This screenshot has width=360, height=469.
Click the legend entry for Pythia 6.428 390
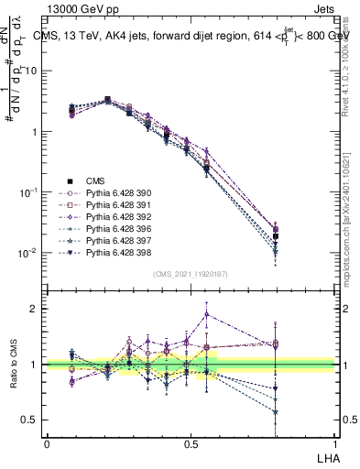coord(115,193)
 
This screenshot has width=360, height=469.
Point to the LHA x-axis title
coord(325,456)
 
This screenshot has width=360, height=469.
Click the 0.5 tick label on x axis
coord(191,442)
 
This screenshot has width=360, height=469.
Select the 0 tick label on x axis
coord(47,442)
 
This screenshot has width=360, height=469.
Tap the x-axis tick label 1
coord(334,442)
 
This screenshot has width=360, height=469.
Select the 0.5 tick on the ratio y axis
coord(33,420)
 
